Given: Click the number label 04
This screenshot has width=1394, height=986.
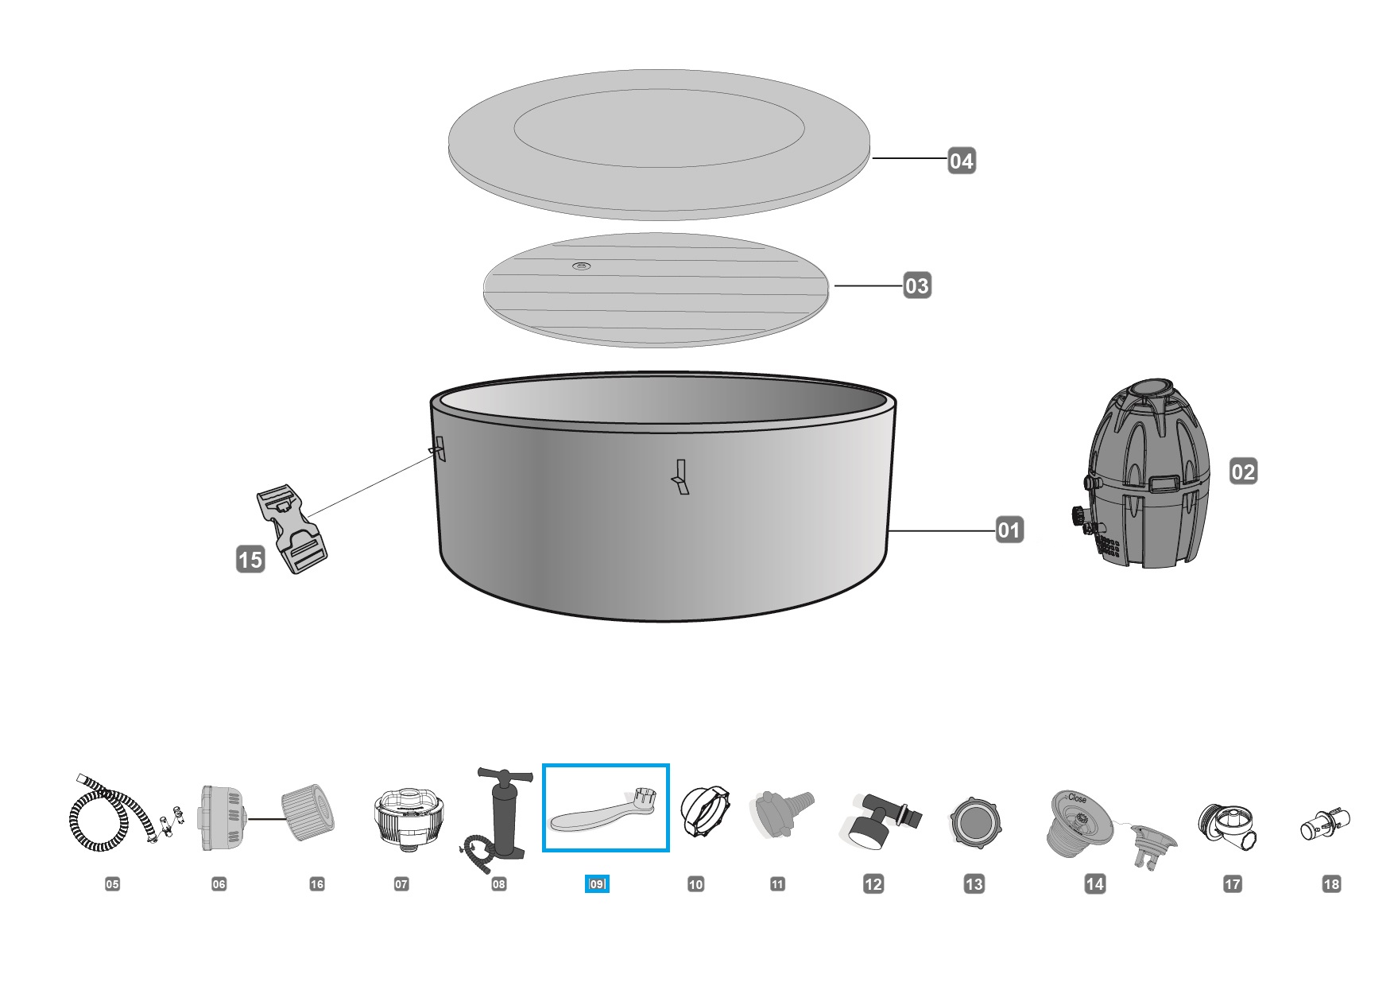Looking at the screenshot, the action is click(961, 161).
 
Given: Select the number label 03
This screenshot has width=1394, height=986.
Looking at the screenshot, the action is click(916, 285).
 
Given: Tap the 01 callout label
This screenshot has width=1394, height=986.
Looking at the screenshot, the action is click(1009, 530).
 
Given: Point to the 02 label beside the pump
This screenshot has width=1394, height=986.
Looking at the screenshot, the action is click(1243, 472).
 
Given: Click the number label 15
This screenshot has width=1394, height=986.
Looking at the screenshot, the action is click(250, 560).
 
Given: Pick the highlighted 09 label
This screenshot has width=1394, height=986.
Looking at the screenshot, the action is click(597, 883).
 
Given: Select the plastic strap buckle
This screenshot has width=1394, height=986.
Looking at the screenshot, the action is click(292, 530).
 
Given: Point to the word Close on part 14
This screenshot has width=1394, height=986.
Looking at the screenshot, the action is click(1077, 798).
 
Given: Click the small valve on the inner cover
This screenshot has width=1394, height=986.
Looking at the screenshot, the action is click(582, 266).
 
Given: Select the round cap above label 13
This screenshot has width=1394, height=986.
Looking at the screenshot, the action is click(975, 822).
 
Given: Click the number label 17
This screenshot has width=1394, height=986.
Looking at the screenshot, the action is click(1233, 883).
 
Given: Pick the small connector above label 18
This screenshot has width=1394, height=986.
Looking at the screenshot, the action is click(1325, 825).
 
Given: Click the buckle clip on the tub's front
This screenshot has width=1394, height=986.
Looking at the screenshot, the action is click(680, 477).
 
